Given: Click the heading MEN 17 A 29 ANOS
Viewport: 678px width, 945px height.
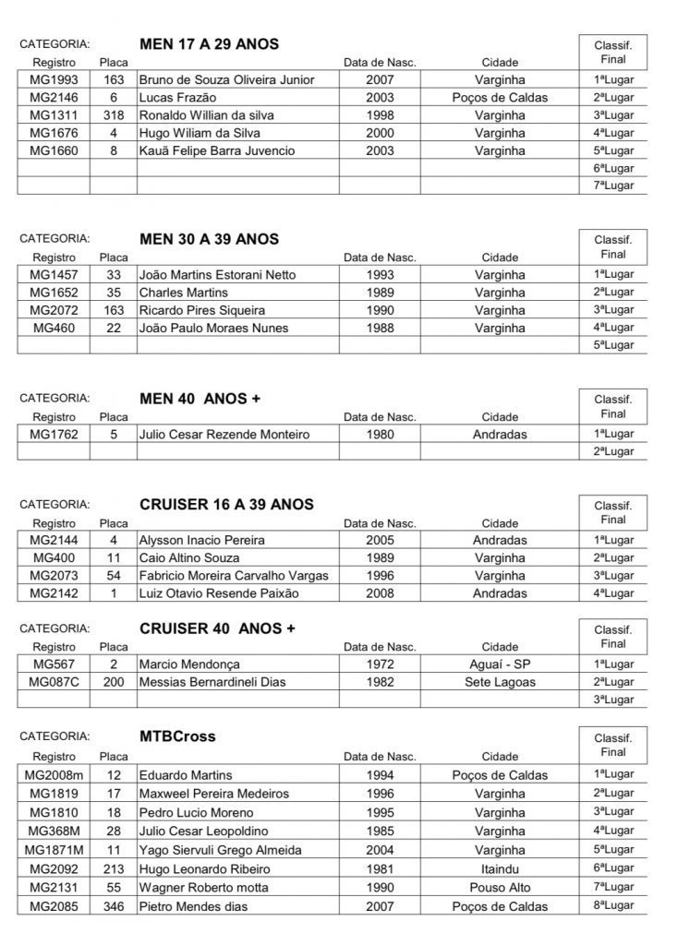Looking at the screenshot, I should tap(209, 43).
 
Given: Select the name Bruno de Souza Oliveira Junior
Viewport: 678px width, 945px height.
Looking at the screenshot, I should tap(226, 79).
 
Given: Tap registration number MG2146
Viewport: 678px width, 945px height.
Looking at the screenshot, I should tap(54, 98).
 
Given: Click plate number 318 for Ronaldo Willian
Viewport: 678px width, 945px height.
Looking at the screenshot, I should tap(114, 115).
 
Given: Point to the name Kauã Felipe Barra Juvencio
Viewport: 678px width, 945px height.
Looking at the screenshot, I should tap(217, 150).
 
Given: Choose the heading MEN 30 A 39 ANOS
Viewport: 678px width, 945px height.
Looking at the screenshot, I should tap(209, 239).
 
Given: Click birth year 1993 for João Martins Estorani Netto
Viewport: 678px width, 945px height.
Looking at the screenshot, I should tap(380, 275).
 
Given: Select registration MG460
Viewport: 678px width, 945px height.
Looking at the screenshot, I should tap(54, 328).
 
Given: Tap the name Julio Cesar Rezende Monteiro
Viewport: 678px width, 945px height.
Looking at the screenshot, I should tap(224, 434).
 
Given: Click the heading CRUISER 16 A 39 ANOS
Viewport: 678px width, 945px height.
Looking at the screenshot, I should tap(226, 505).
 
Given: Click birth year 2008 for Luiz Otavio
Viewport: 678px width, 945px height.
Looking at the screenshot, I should tap(380, 593).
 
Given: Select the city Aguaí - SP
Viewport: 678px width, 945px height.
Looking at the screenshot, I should tap(500, 664).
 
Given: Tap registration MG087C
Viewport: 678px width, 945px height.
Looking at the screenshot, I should tap(54, 682).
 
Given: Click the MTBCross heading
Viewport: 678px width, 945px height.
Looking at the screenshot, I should tap(177, 736).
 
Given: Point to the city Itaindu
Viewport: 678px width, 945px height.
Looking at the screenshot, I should tap(500, 869).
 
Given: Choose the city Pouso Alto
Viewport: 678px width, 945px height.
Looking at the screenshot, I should tap(500, 888).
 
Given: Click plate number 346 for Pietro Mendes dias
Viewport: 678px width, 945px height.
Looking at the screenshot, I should tap(114, 906).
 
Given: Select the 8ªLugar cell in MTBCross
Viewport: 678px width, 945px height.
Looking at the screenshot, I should tap(613, 905).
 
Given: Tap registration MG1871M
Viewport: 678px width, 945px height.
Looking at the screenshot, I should tap(54, 849).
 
